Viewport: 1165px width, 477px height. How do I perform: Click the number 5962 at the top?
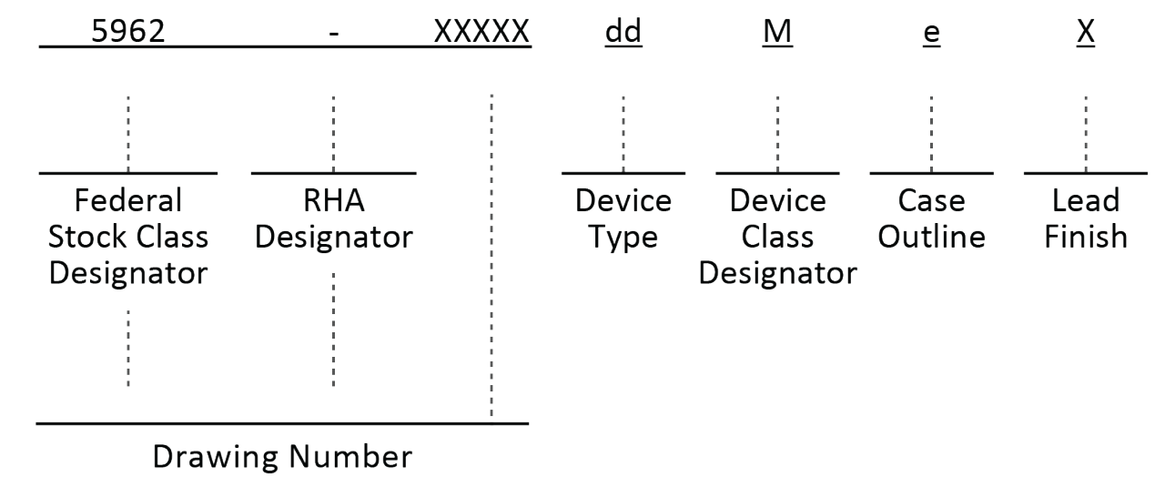click(127, 33)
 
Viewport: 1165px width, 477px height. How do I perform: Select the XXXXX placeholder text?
click(482, 33)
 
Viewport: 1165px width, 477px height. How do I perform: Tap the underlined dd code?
click(623, 33)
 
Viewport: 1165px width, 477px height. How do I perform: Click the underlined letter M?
click(777, 33)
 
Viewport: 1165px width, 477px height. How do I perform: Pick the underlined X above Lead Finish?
click(1085, 33)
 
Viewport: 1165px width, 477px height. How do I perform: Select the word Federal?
click(128, 200)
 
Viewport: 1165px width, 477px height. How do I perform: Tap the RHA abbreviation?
click(333, 200)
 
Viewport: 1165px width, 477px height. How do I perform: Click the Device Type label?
click(623, 218)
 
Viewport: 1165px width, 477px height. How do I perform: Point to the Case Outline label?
click(931, 218)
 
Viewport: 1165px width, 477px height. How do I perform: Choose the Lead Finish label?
click(1085, 218)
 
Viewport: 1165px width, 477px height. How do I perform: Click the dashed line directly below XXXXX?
click(491, 255)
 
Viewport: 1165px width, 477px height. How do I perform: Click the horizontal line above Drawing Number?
click(282, 423)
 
